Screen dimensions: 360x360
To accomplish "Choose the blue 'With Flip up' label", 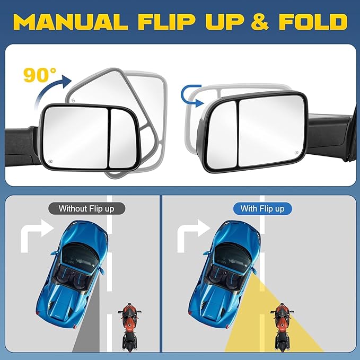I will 262,208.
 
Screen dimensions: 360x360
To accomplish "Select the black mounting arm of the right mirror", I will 329,133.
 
